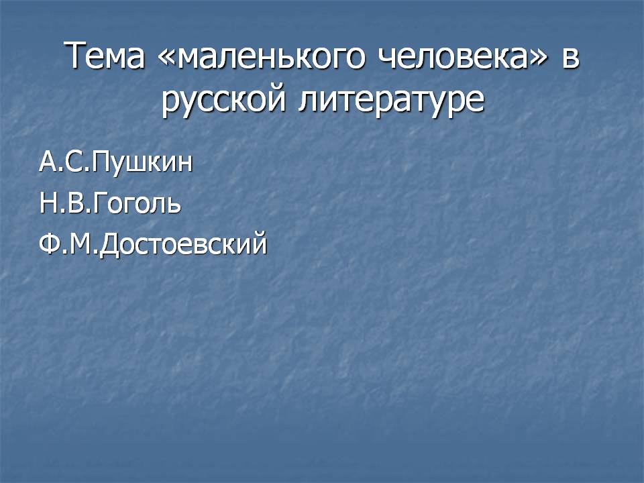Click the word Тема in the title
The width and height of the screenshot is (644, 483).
105,55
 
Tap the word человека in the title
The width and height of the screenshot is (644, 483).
452,55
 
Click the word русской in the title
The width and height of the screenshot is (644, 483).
223,101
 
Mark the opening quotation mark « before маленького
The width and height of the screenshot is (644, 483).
167,58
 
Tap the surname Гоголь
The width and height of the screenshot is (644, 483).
137,203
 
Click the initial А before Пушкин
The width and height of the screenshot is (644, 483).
49,162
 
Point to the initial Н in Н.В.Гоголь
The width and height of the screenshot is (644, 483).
48,203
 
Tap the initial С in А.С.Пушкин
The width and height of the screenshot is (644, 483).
74,162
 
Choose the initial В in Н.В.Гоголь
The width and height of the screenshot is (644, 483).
74,203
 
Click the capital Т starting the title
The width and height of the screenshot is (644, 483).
75,55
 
